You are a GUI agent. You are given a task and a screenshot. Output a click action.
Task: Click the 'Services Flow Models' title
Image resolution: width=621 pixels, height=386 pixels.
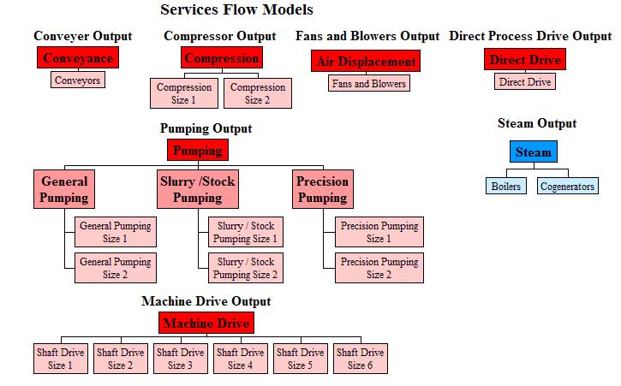[x=236, y=10]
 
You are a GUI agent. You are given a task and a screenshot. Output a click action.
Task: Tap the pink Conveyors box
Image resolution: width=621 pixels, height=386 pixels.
[x=77, y=80]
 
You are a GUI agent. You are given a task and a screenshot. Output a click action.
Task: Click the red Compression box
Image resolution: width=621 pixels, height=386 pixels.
[x=222, y=58]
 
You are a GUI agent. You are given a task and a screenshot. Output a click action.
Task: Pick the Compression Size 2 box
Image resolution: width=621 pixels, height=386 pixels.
[x=258, y=94]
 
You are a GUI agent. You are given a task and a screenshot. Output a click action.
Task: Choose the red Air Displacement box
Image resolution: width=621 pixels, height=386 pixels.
[x=366, y=62]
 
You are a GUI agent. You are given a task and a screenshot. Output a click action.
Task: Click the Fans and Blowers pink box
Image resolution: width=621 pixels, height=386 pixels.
[x=368, y=83]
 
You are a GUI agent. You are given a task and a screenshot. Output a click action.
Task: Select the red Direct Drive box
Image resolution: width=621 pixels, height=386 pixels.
[x=525, y=60]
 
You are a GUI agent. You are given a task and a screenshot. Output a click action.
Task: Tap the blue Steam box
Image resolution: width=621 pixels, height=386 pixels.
[x=534, y=152]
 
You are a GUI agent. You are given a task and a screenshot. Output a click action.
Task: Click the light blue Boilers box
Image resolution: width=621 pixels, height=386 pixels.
[x=505, y=186]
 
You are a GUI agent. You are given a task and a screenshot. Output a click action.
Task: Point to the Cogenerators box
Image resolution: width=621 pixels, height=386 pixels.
[x=567, y=186]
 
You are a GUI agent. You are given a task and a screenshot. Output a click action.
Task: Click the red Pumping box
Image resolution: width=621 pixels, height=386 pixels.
[x=198, y=151]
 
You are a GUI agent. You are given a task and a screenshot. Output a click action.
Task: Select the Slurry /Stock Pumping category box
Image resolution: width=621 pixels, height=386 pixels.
[x=198, y=189]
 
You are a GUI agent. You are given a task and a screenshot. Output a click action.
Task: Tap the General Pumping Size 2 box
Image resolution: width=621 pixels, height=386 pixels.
[x=115, y=269]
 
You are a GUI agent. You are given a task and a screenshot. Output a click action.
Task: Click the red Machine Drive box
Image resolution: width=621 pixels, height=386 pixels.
[x=206, y=323]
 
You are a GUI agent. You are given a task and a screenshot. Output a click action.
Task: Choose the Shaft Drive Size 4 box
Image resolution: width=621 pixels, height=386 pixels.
[x=240, y=359]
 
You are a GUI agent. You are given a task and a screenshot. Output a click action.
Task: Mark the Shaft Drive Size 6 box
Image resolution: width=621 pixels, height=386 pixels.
[x=360, y=359]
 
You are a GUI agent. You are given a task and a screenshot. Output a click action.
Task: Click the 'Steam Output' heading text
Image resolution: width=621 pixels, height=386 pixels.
[x=537, y=123]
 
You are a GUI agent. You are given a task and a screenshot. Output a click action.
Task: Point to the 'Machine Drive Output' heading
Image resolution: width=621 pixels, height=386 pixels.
[x=206, y=301]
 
